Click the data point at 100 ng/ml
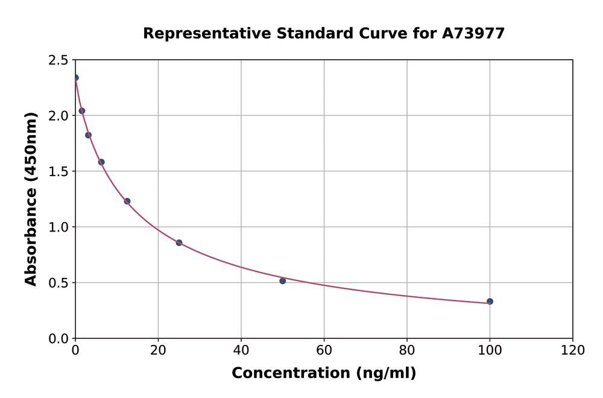pyautogui.click(x=490, y=302)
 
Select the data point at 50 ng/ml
pyautogui.click(x=283, y=281)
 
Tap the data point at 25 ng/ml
pyautogui.click(x=179, y=242)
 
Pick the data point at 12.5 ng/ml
pyautogui.click(x=127, y=201)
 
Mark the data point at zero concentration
pyautogui.click(x=75, y=78)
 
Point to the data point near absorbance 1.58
pyautogui.click(x=101, y=162)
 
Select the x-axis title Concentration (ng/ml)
pyautogui.click(x=324, y=373)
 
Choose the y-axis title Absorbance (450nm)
pyautogui.click(x=31, y=199)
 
